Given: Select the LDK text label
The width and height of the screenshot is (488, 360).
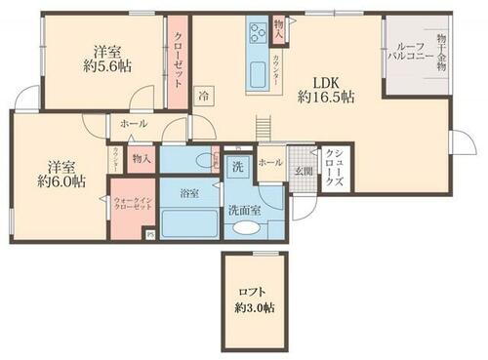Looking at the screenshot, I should click(325, 82).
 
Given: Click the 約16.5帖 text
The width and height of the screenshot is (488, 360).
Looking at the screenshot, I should click(325, 98).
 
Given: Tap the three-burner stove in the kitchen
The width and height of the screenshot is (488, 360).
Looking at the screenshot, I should click(259, 35).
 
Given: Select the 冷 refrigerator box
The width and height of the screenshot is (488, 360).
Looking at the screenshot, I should click(202, 97).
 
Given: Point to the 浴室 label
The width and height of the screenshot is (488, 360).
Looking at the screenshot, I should click(189, 194).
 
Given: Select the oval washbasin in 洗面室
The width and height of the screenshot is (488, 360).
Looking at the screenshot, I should click(244, 228).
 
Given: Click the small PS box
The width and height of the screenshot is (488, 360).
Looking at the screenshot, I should click(148, 235).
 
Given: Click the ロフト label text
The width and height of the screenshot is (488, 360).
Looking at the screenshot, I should click(253, 291).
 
